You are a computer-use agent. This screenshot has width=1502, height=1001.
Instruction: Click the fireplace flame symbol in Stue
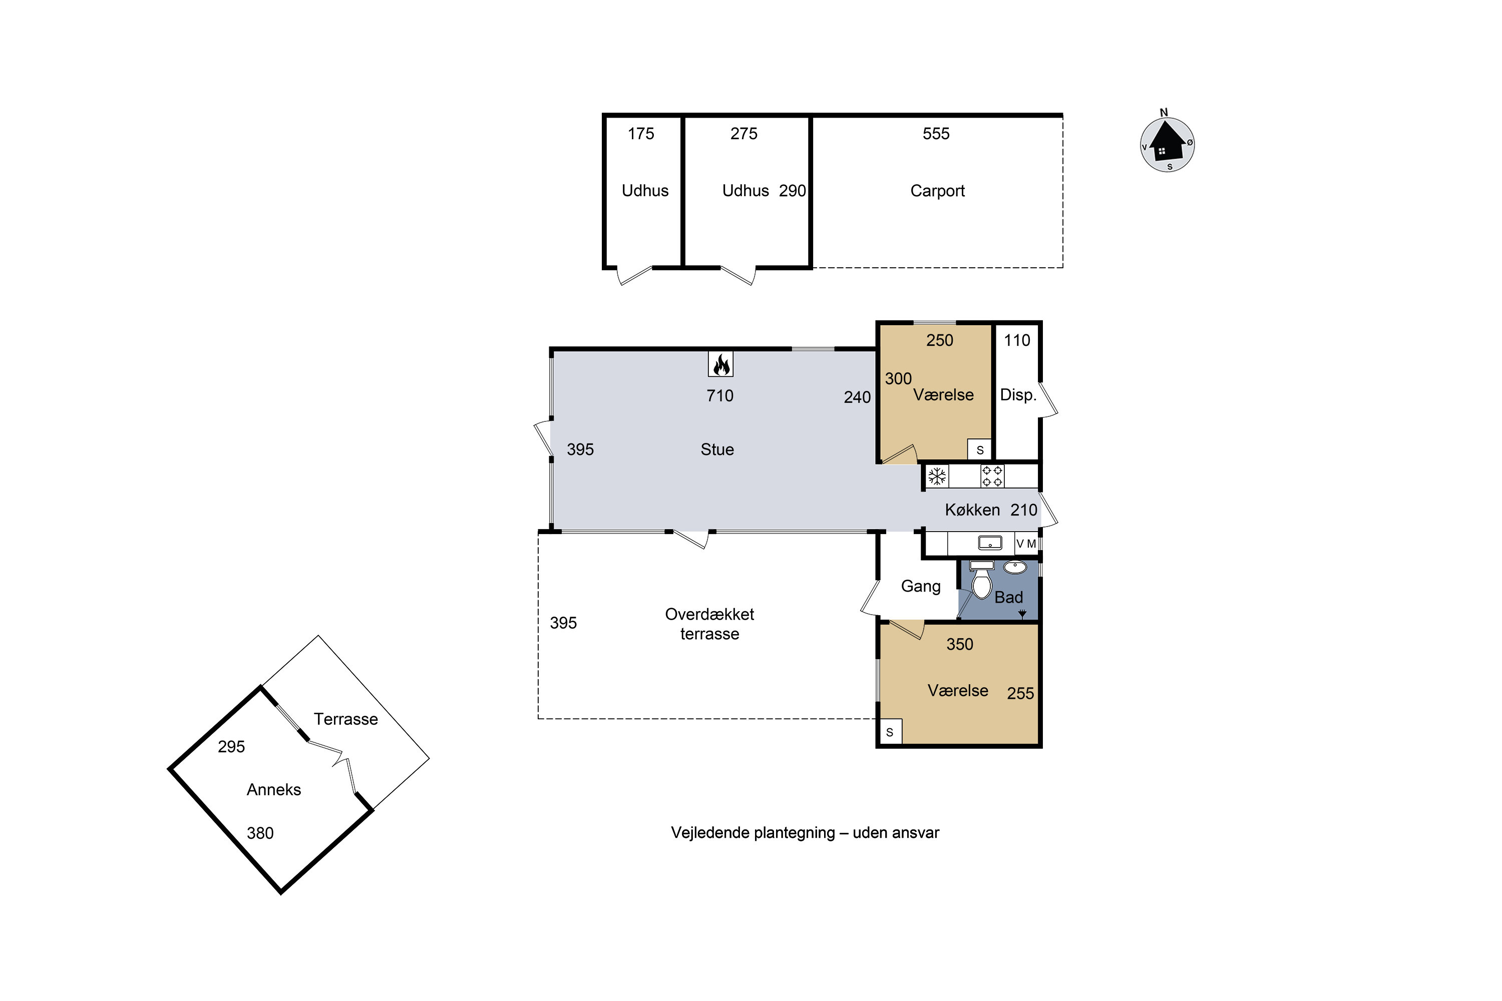(x=720, y=364)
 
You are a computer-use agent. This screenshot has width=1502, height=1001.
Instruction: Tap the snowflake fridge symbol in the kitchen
(x=937, y=476)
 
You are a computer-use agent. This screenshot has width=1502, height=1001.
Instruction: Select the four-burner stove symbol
(x=992, y=476)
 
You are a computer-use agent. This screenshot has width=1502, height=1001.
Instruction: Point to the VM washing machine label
(x=1026, y=544)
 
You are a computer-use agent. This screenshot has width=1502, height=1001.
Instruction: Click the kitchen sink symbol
(x=990, y=543)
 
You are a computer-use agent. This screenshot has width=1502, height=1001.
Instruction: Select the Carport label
(x=937, y=191)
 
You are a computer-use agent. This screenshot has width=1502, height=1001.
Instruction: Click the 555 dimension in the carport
(x=936, y=134)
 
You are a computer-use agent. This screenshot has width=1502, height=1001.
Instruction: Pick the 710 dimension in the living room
(x=720, y=396)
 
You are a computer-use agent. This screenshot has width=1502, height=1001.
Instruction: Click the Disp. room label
(x=1018, y=395)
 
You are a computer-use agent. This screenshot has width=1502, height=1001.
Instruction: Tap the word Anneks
(x=273, y=790)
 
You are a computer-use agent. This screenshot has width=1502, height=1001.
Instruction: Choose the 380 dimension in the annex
(x=260, y=833)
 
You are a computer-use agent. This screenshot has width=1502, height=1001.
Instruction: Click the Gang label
(x=920, y=587)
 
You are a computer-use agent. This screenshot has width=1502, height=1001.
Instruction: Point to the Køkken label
(x=972, y=510)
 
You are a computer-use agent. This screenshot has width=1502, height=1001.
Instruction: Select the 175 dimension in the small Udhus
(x=640, y=134)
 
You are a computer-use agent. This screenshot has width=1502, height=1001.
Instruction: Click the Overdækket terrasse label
(x=709, y=624)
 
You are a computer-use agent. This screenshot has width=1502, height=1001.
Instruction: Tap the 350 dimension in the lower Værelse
(x=959, y=644)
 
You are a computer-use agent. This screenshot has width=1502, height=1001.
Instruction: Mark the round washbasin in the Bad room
(x=1015, y=567)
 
